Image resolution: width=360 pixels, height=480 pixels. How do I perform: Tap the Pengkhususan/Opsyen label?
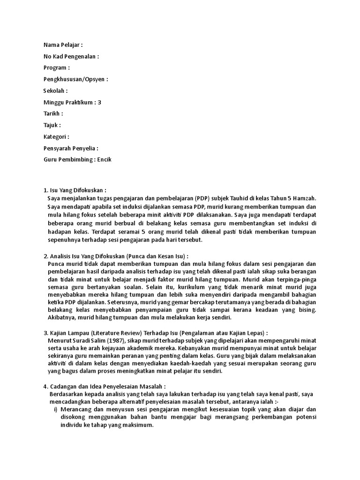click(74, 79)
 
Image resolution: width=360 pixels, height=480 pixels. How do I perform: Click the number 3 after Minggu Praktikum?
click(99, 102)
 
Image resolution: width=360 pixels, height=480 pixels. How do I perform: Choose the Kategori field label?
click(55, 136)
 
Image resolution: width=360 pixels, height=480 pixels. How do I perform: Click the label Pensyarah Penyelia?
click(69, 148)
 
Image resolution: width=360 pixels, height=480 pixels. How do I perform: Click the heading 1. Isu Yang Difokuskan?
click(75, 190)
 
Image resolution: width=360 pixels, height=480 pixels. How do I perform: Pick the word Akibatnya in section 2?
click(62, 317)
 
